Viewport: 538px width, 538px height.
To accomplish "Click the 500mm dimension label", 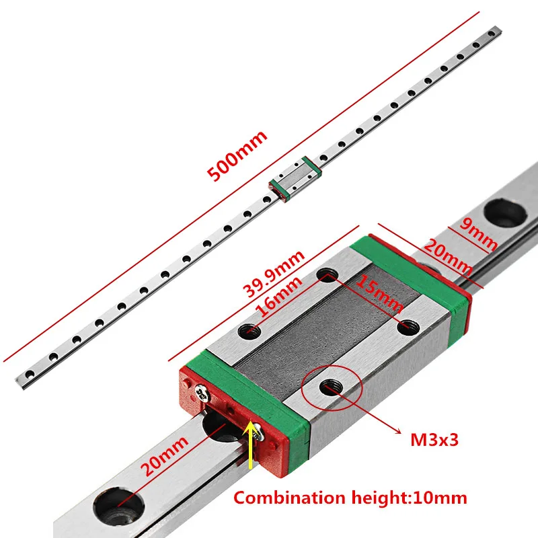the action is [237, 155].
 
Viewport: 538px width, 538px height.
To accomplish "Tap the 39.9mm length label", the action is [274, 273].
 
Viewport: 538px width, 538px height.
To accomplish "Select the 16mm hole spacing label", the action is [279, 296].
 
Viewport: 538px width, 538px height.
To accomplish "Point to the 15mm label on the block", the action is [379, 295].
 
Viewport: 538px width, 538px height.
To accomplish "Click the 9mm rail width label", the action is [478, 234].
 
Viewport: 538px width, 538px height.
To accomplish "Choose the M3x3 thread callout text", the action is [434, 440].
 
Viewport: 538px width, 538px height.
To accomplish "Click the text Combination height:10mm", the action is [350, 498].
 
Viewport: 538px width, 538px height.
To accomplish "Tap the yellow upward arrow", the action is [251, 445].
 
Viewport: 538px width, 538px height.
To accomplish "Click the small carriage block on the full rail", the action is [295, 179].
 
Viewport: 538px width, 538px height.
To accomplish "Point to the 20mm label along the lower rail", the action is [165, 456].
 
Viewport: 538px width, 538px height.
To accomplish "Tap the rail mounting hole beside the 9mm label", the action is [505, 213].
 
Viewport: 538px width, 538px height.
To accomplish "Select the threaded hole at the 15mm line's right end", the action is [408, 327].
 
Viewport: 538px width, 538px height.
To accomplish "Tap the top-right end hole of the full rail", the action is [492, 34].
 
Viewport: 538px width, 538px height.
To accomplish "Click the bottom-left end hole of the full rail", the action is [30, 374].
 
